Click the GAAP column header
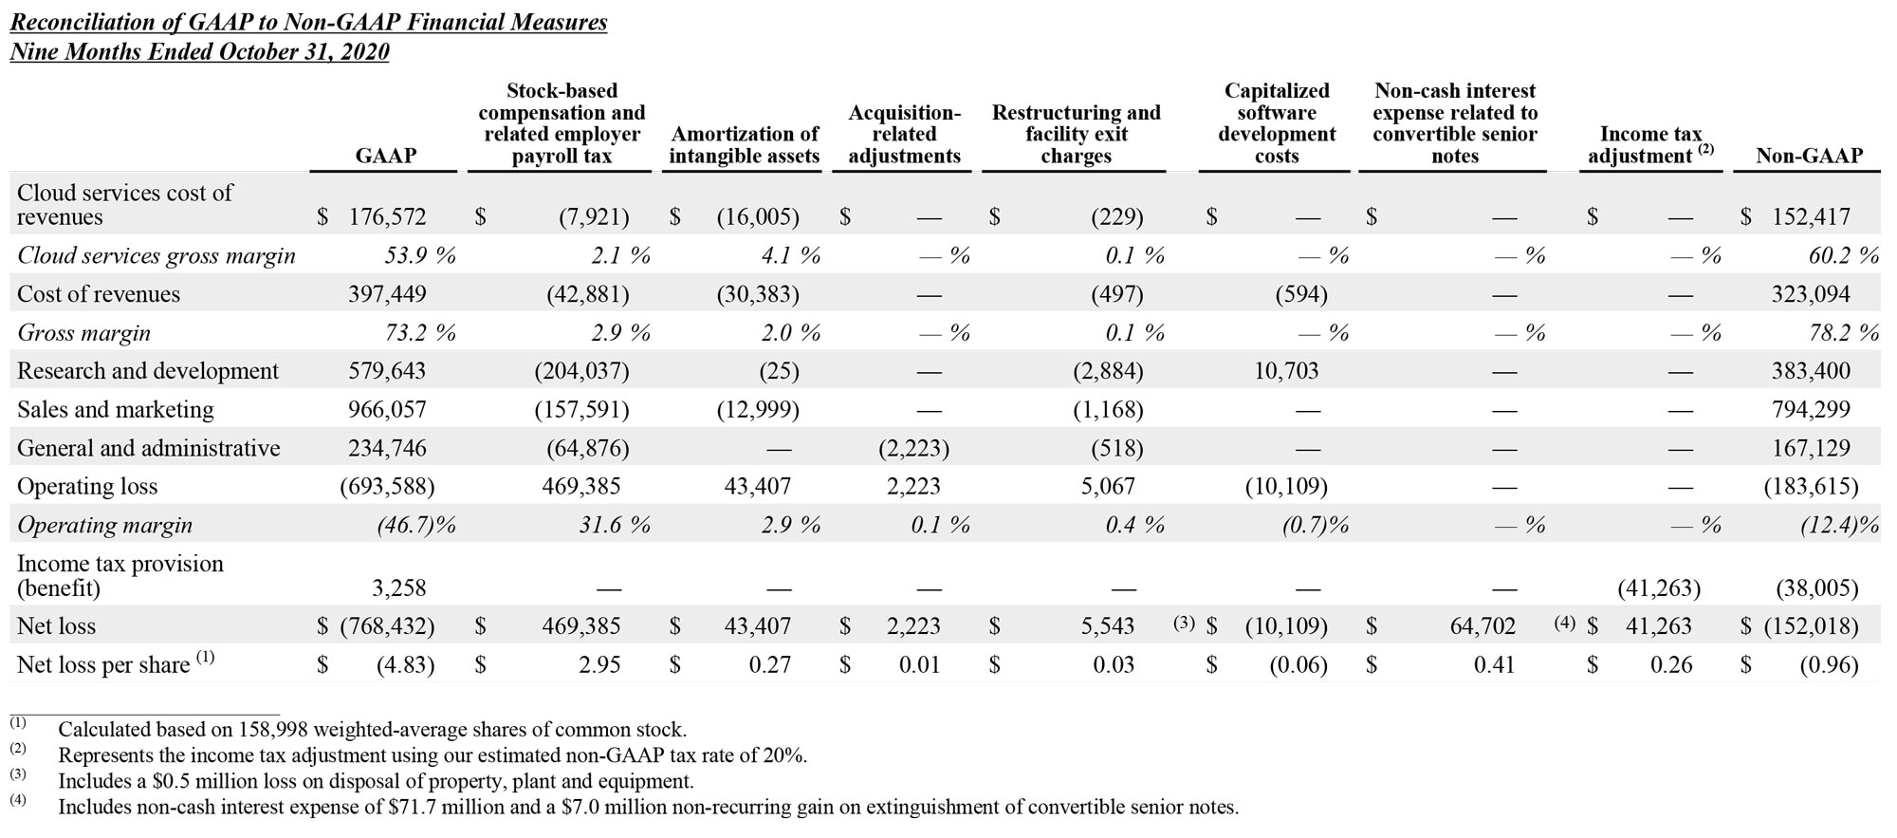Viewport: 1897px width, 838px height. pyautogui.click(x=385, y=156)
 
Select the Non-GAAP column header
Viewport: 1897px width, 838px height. pyautogui.click(x=1809, y=156)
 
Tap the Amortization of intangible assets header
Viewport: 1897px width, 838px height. pyautogui.click(x=744, y=145)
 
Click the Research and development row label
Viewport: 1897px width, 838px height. pyautogui.click(x=148, y=371)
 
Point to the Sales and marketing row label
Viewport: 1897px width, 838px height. pyautogui.click(x=116, y=410)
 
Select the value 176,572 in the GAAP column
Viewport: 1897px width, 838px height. pyautogui.click(x=387, y=217)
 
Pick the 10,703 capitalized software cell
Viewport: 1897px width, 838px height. pyautogui.click(x=1286, y=371)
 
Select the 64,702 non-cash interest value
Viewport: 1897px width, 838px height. pyautogui.click(x=1483, y=626)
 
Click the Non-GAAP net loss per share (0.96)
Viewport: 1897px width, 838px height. pyautogui.click(x=1829, y=665)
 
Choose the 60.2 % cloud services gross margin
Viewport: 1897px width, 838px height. pyautogui.click(x=1843, y=256)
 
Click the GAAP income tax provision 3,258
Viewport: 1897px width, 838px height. pyautogui.click(x=398, y=588)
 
